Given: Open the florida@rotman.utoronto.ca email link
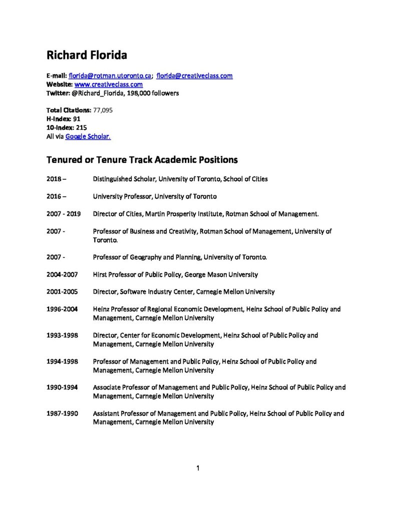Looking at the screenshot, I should pyautogui.click(x=110, y=76).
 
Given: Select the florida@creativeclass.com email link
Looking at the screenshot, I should pyautogui.click(x=194, y=76).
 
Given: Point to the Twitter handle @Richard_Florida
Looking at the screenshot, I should pyautogui.click(x=97, y=93).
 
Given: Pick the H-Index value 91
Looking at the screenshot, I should pyautogui.click(x=77, y=119).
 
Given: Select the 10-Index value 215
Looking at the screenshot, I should pyautogui.click(x=81, y=127).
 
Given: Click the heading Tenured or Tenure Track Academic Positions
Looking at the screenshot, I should pyautogui.click(x=142, y=160).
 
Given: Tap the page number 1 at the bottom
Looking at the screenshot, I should pyautogui.click(x=198, y=468).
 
